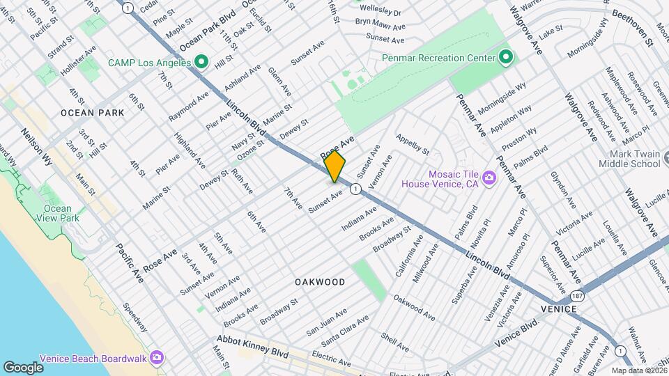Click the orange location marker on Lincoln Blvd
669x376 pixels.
334,166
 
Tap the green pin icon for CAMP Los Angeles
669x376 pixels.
201,63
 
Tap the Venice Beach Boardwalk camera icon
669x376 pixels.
157,358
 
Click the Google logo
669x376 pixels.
23,367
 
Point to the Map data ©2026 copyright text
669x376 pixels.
639,370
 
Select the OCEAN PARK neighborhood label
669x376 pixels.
92,112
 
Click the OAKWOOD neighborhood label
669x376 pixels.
319,282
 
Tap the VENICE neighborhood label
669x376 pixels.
557,308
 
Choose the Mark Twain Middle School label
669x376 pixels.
633,159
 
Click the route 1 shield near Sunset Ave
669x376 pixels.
355,189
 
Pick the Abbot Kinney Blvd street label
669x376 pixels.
252,347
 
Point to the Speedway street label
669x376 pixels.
135,317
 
